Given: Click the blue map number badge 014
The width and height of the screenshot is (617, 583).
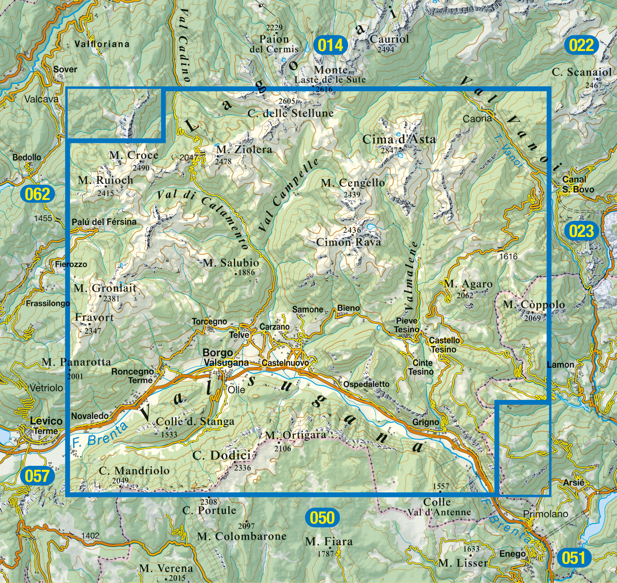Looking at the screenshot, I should pyautogui.click(x=330, y=45).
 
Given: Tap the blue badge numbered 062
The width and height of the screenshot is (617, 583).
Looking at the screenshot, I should pyautogui.click(x=37, y=194).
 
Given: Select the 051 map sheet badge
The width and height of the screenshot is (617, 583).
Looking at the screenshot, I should pyautogui.click(x=573, y=558).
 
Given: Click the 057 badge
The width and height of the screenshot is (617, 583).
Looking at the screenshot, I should pyautogui.click(x=37, y=476).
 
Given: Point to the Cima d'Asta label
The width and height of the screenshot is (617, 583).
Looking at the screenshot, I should pyautogui.click(x=399, y=139).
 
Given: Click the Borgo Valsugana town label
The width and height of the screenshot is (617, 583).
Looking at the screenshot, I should pyautogui.click(x=225, y=357).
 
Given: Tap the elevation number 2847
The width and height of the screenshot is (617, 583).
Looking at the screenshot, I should pyautogui.click(x=389, y=151).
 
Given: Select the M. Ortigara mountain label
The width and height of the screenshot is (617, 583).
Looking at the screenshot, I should pyautogui.click(x=295, y=436).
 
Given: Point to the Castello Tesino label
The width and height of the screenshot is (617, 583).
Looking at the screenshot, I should pyautogui.click(x=444, y=344).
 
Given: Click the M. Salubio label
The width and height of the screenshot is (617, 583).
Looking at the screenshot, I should pyautogui.click(x=231, y=263).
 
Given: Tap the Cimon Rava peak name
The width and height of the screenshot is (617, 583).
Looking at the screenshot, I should pyautogui.click(x=348, y=242).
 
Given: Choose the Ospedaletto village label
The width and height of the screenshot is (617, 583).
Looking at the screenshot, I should pyautogui.click(x=366, y=384).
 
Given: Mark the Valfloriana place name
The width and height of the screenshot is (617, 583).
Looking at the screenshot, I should pyautogui.click(x=102, y=44).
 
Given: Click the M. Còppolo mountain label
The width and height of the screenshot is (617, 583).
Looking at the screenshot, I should pyautogui.click(x=534, y=305).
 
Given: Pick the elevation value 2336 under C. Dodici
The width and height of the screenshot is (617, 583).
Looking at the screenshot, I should pyautogui.click(x=242, y=468).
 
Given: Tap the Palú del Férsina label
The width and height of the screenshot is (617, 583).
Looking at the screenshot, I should pyautogui.click(x=104, y=222).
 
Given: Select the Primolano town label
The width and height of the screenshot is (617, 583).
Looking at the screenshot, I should pyautogui.click(x=545, y=514).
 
